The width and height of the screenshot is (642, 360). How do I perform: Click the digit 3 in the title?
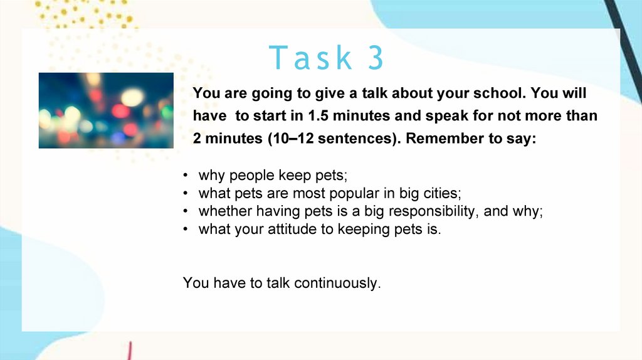point(376,57)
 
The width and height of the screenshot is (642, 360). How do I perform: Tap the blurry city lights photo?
point(106,110)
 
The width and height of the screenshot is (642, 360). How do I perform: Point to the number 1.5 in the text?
point(318,115)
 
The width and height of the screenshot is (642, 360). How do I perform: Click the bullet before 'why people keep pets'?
point(186,176)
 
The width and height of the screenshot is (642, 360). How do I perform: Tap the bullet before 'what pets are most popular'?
point(186,193)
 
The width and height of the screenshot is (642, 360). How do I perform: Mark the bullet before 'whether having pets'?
point(186,211)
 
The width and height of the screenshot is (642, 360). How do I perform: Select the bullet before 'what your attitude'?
point(186,229)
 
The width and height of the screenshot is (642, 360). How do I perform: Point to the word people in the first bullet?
point(252,176)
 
